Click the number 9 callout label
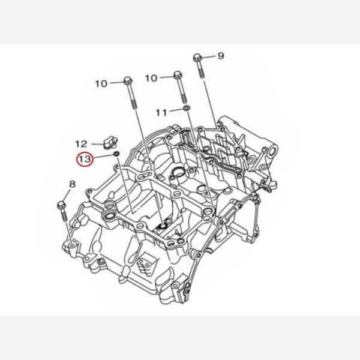(x=221, y=56)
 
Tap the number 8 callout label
(x=72, y=184)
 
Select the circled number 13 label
(x=85, y=159)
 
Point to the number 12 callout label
(x=81, y=144)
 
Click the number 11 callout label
(x=161, y=113)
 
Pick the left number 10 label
(x=101, y=83)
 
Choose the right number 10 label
(x=151, y=78)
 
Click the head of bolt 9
(x=197, y=58)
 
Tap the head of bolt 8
(x=61, y=205)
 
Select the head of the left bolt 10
(x=128, y=80)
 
